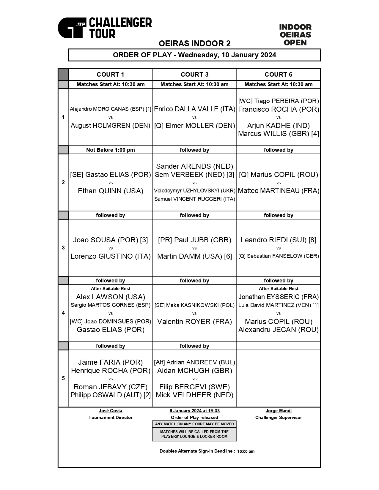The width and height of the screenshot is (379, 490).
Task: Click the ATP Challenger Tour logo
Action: pyautogui.click(x=105, y=28)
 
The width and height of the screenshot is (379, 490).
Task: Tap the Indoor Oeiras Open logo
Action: pyautogui.click(x=295, y=35)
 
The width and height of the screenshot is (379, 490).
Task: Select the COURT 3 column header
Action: pyautogui.click(x=194, y=75)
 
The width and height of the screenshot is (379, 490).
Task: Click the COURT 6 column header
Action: pyautogui.click(x=278, y=75)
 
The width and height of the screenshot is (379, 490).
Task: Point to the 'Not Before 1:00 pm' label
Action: pyautogui.click(x=110, y=150)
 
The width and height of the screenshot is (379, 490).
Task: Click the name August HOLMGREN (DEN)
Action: pyautogui.click(x=110, y=126)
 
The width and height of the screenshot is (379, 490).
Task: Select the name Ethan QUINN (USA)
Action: pyautogui.click(x=110, y=191)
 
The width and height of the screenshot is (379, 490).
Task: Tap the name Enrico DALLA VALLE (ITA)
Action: pyautogui.click(x=194, y=109)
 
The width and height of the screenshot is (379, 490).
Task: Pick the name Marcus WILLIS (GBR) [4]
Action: pyautogui.click(x=278, y=134)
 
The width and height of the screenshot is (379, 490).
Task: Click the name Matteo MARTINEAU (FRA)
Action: pyautogui.click(x=278, y=191)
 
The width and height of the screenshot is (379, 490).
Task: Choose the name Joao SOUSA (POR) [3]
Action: pyautogui.click(x=110, y=240)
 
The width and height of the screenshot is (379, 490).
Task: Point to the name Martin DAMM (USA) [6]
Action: pyautogui.click(x=194, y=256)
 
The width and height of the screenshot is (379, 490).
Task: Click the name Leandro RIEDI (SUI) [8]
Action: pyautogui.click(x=278, y=240)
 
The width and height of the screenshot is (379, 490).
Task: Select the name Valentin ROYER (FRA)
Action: pyautogui.click(x=194, y=322)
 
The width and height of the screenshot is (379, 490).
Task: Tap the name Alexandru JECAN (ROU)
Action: pyautogui.click(x=278, y=330)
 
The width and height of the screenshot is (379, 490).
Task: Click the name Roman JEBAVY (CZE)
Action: pyautogui.click(x=110, y=387)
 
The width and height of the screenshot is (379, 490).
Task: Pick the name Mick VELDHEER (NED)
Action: pyautogui.click(x=194, y=395)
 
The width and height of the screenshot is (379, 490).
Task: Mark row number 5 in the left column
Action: pyautogui.click(x=63, y=378)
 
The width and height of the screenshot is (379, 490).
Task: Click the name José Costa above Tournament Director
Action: pyautogui.click(x=110, y=411)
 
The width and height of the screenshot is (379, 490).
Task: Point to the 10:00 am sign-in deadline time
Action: pyautogui.click(x=246, y=451)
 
